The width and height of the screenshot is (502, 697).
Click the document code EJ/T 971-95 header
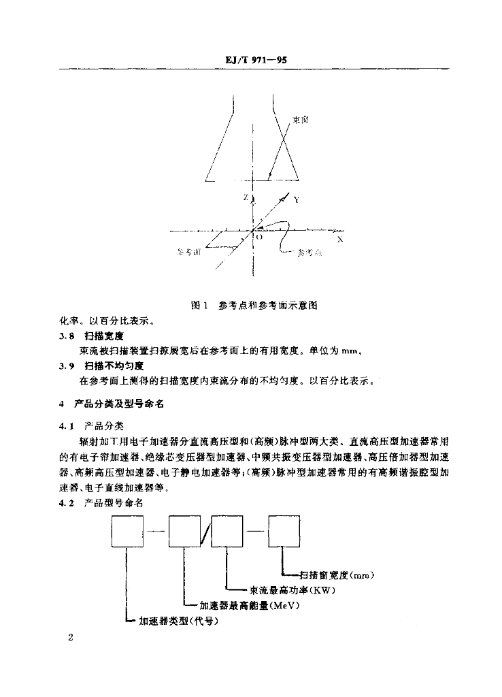(255, 60)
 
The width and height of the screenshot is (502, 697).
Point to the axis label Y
(296, 200)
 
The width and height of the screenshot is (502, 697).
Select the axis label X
(340, 240)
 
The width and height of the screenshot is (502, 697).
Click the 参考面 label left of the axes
(188, 252)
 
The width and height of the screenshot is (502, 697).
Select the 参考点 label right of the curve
(309, 253)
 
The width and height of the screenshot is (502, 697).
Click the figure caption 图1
(199, 306)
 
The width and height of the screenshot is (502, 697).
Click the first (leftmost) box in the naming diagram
(128, 532)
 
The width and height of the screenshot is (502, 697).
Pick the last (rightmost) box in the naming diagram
(284, 532)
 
